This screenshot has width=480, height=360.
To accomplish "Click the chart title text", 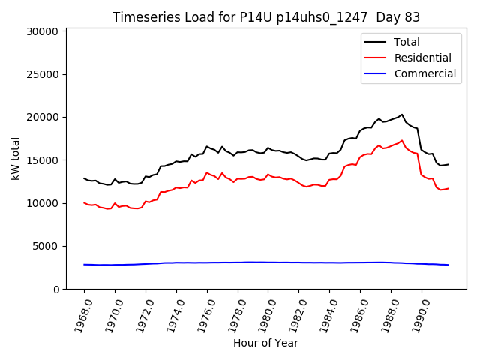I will point(265,17).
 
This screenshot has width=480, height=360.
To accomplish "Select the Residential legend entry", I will point(423,58).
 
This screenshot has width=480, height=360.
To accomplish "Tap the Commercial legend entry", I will point(425,73).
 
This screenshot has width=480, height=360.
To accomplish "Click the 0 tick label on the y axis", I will point(55,289).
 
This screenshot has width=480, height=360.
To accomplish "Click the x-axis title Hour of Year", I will point(265,343).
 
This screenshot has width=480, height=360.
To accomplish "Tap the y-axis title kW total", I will point(15,159).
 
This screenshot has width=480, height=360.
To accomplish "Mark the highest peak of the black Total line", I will point(402,115).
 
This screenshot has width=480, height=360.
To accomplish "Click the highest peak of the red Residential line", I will point(402,140).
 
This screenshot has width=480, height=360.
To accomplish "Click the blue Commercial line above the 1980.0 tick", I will point(268,262).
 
